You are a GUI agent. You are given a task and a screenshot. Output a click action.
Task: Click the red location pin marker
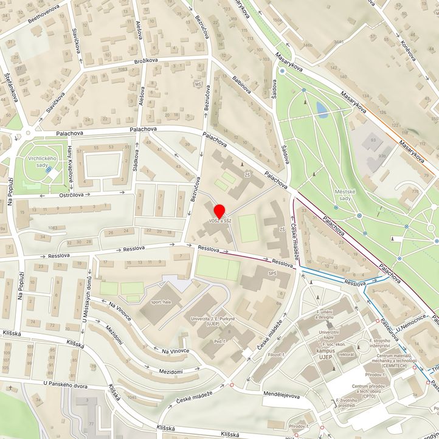[219, 210]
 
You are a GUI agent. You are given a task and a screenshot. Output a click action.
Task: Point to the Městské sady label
[344, 195]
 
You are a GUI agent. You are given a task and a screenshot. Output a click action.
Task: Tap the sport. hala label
[160, 301]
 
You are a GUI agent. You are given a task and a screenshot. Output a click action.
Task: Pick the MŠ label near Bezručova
[197, 83]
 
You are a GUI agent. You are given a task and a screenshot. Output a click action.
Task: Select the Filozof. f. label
[276, 354]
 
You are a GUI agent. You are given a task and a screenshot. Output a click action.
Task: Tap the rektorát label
[346, 354]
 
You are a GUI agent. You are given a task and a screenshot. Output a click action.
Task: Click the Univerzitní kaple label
[328, 335]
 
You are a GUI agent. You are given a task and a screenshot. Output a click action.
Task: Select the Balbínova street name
[241, 85]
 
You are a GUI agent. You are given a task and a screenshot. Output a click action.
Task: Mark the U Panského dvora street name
[66, 384]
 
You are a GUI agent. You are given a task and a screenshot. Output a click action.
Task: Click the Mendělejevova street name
[282, 395]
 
